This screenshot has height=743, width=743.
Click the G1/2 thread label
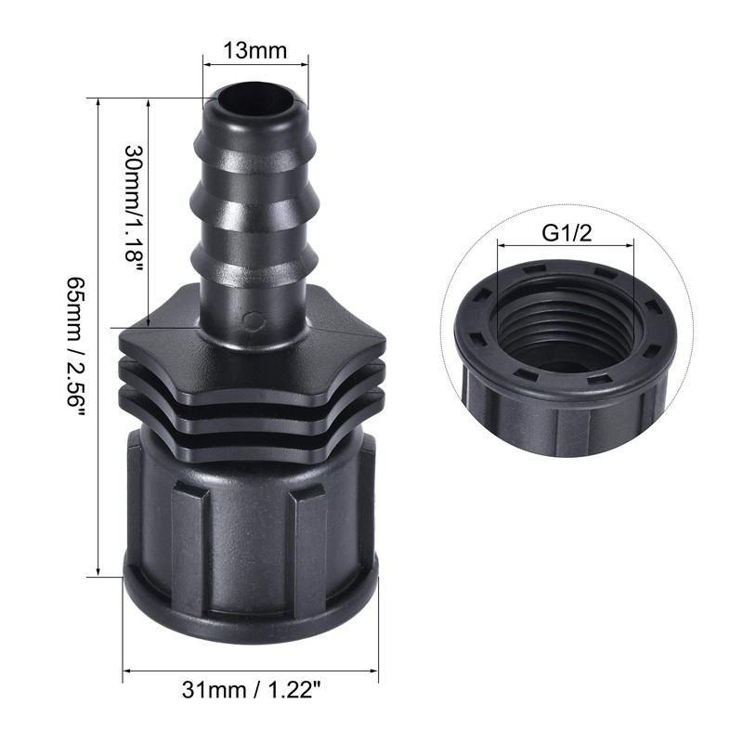click(x=567, y=233)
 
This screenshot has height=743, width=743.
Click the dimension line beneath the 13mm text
click(x=255, y=65)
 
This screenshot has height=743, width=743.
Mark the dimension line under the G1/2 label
click(x=567, y=247)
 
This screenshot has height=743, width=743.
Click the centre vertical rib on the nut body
click(x=252, y=529)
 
